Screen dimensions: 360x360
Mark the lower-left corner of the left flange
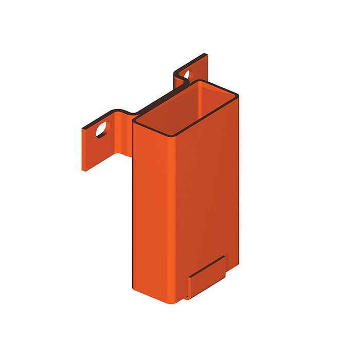(83, 170)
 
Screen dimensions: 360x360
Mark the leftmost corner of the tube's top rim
(134, 122)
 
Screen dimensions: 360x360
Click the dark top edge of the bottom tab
(206, 265)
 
